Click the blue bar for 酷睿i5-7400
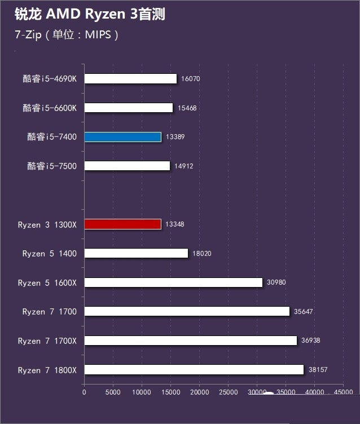[122, 136]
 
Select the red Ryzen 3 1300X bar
[122, 224]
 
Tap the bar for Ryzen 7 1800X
[194, 370]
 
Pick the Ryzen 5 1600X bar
[173, 282]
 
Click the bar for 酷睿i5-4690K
[130, 78]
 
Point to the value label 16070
[191, 79]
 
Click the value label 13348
[175, 224]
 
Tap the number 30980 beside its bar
[276, 282]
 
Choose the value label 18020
[202, 254]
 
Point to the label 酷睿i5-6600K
[50, 108]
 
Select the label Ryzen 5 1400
[50, 254]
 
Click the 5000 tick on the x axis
[113, 391]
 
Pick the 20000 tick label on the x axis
[199, 391]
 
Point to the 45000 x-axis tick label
[343, 391]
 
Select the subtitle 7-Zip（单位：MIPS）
[67, 35]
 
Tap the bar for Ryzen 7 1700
[187, 311]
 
